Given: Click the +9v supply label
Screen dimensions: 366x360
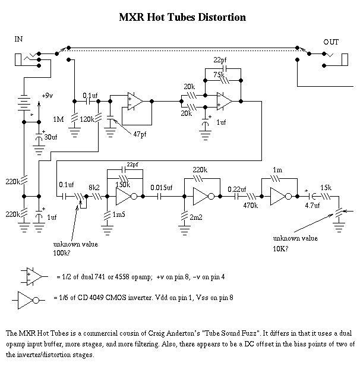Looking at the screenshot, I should pos(48,96).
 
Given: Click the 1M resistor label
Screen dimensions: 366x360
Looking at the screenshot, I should pos(58,120).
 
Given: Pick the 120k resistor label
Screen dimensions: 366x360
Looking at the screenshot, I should pos(87,120).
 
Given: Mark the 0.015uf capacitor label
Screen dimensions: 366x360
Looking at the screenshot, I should pos(162,188).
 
